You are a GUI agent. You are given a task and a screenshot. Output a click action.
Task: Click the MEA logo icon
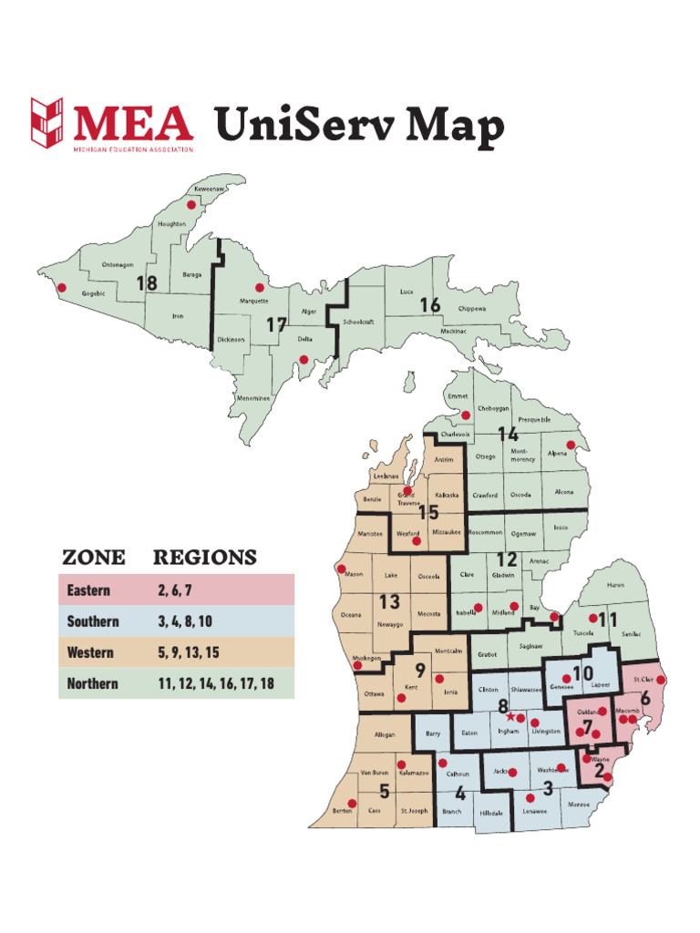click(47, 123)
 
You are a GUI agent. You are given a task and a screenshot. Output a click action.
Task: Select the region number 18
click(146, 283)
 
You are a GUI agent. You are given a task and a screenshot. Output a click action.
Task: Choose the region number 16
click(430, 306)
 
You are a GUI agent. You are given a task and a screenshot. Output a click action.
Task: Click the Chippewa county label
click(471, 309)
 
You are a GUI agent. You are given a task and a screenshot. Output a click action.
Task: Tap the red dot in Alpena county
click(572, 445)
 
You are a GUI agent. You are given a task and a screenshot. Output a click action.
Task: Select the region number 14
click(508, 435)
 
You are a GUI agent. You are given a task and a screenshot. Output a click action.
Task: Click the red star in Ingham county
click(510, 716)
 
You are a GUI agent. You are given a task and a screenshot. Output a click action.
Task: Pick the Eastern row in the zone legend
click(176, 590)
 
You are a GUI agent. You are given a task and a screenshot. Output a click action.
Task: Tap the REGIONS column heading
click(204, 558)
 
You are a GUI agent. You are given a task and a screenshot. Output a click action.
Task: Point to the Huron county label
click(615, 585)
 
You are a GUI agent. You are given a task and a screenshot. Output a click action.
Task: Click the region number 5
click(385, 792)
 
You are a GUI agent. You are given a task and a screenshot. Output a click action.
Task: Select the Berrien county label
click(343, 810)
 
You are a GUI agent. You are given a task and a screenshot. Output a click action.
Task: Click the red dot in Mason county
click(343, 570)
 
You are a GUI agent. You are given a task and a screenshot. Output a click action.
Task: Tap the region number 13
click(389, 601)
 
